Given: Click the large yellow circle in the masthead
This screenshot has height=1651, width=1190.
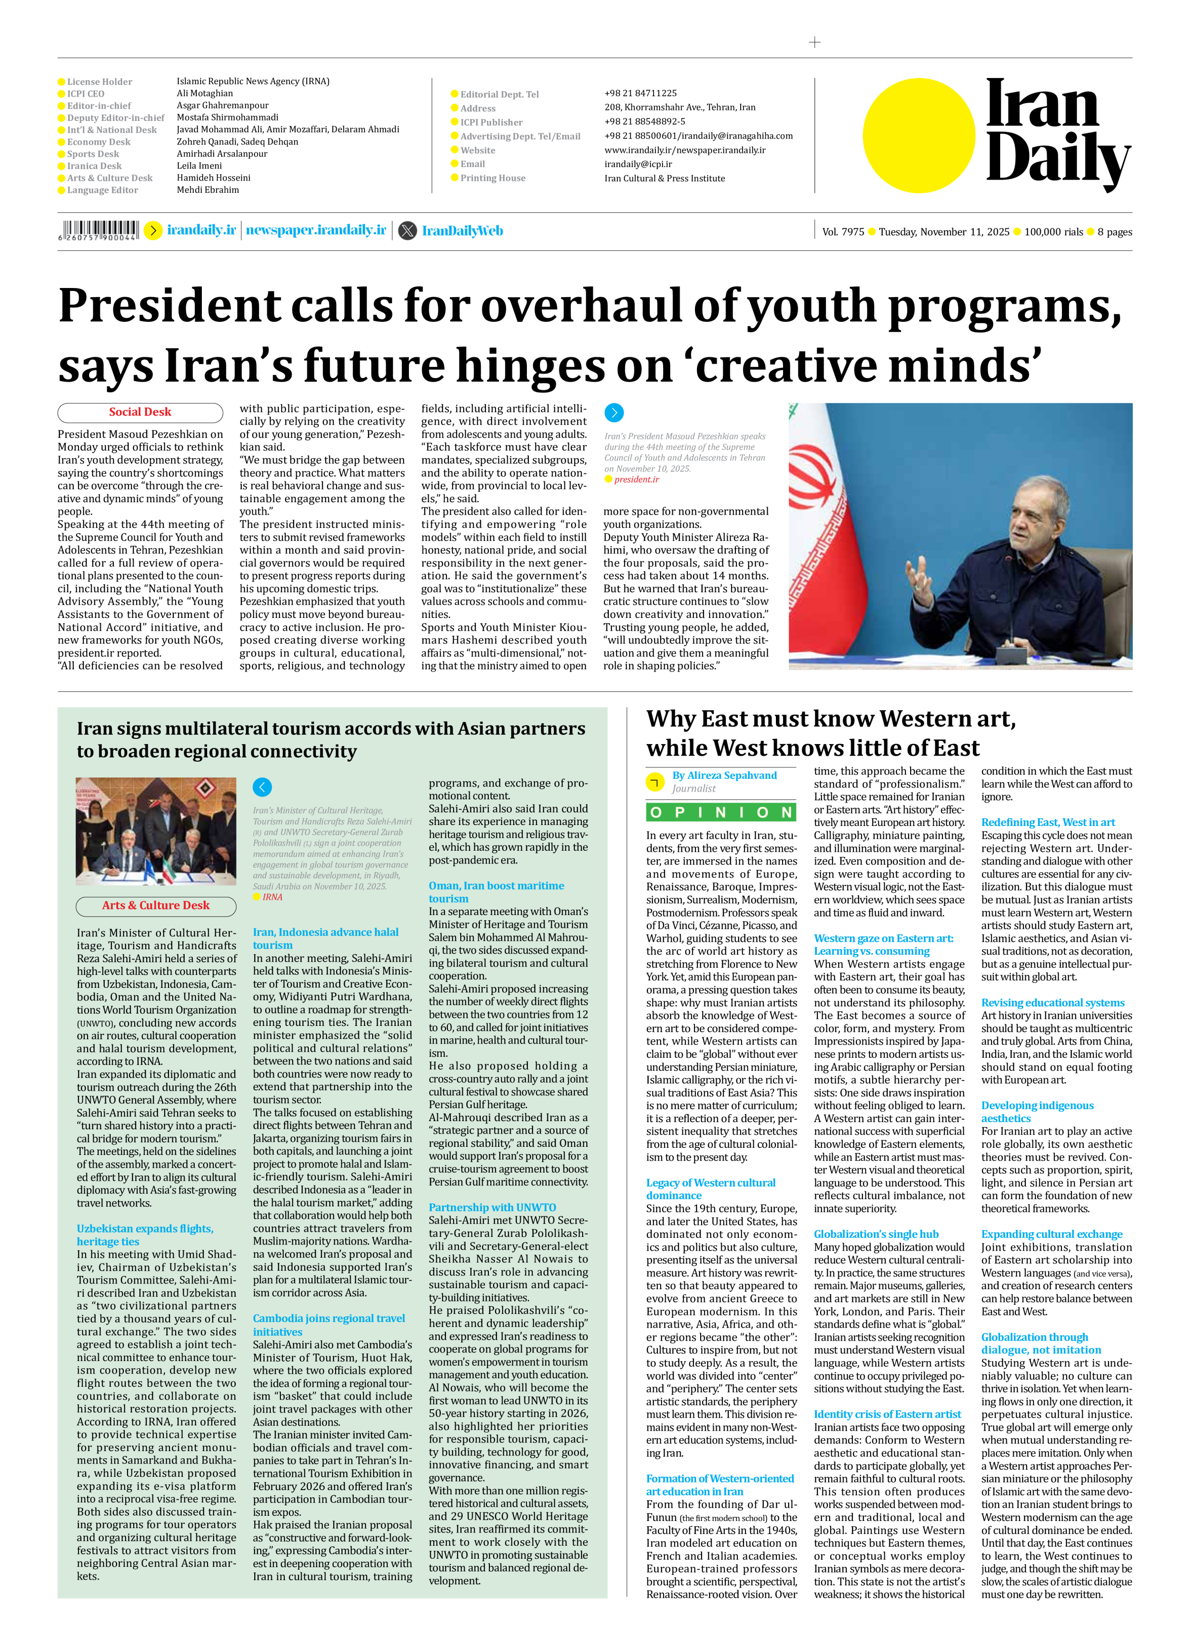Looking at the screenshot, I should (919, 135).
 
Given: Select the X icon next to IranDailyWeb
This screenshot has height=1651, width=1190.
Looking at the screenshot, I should (407, 231).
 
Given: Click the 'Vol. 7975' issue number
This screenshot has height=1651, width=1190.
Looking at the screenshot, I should (843, 232).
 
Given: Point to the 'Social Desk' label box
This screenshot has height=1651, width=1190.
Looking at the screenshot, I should (140, 412).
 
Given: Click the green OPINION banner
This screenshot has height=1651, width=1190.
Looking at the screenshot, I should (721, 812).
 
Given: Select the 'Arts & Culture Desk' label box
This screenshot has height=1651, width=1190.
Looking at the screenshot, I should (156, 905).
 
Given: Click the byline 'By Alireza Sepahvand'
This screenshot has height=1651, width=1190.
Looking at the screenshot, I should (724, 775).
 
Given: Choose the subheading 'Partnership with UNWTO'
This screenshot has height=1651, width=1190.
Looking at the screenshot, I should (492, 1207).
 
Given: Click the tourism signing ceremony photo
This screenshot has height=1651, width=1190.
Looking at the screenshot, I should (156, 831).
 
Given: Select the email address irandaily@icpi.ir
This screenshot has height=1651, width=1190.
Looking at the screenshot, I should (637, 164).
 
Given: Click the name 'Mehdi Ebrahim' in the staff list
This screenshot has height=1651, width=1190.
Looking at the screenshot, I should (208, 190).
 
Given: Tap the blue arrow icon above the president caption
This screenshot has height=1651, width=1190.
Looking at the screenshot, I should (614, 413).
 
